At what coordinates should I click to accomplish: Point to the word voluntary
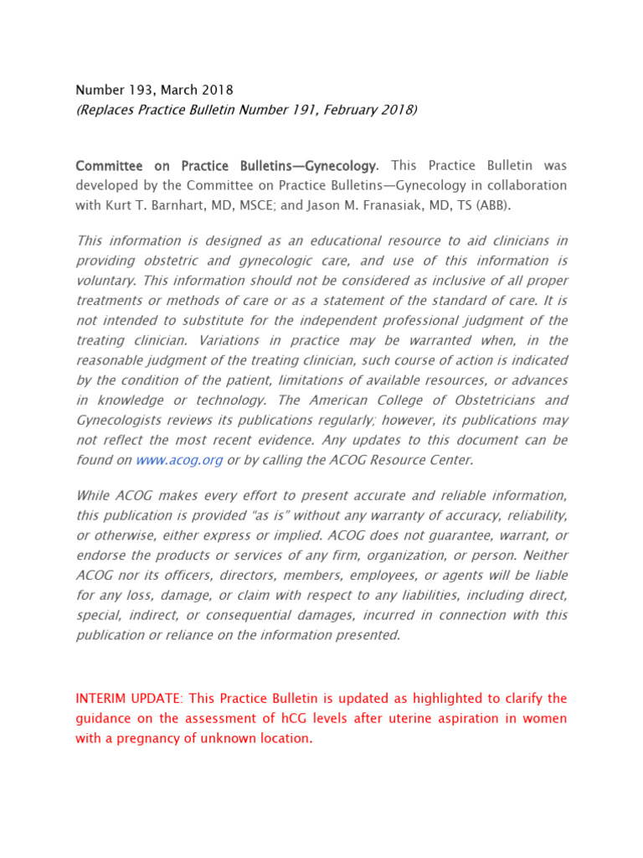click(106, 281)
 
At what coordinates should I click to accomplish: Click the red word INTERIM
click(101, 698)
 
